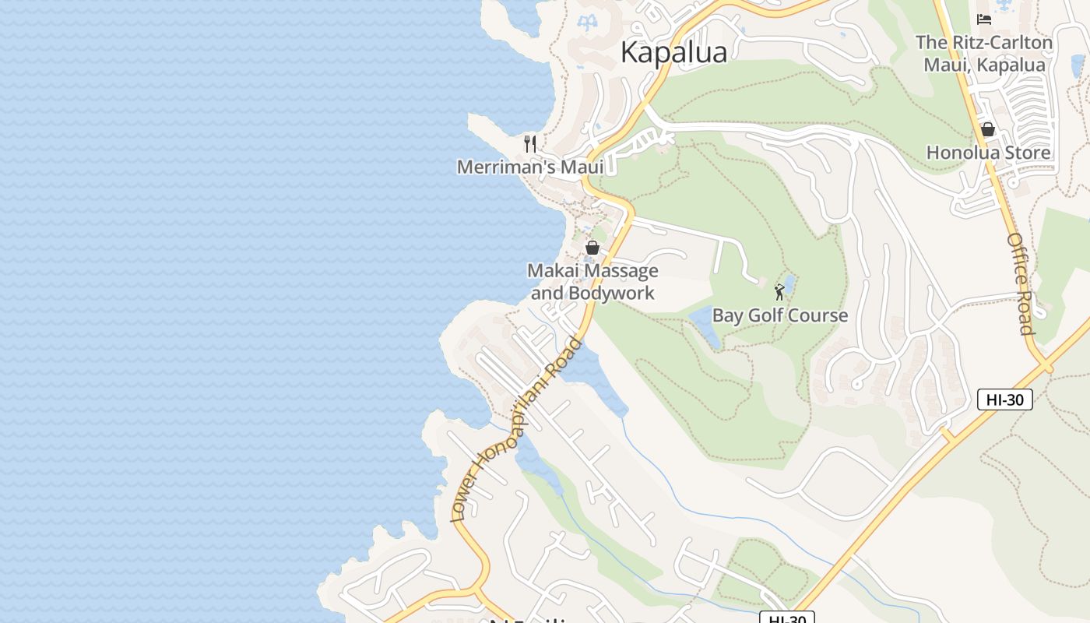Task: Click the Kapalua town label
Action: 673,52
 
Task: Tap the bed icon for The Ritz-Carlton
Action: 984,19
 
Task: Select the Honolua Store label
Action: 988,153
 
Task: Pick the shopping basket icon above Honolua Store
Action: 988,129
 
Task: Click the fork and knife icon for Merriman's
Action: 530,144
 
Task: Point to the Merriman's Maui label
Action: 530,167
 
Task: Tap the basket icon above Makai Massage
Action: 592,248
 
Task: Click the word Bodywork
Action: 611,294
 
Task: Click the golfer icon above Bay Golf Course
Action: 779,293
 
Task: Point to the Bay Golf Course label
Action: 779,315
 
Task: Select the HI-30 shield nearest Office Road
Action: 1004,399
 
